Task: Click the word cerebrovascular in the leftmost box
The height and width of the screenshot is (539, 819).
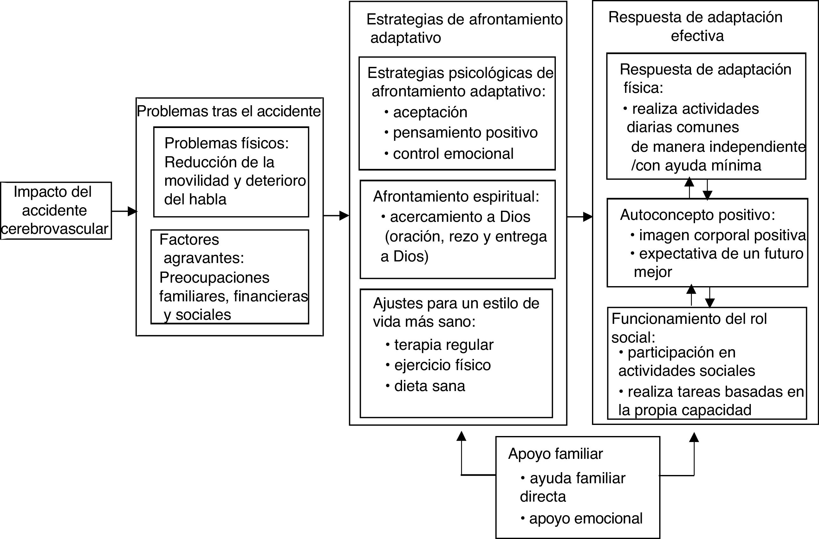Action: pos(55,229)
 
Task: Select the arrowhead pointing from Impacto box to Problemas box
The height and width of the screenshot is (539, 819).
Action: pos(132,211)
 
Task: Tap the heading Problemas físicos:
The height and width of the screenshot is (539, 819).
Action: pos(226,143)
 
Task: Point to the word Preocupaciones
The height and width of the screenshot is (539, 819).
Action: pos(214,278)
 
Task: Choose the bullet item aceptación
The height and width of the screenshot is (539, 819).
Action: pos(430,112)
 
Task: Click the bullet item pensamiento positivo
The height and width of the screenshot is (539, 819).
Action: pos(465,132)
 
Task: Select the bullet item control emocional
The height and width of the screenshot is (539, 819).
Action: pos(453,154)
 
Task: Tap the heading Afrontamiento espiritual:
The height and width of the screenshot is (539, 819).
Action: pos(456,196)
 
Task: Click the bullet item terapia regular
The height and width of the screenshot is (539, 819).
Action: pos(444,345)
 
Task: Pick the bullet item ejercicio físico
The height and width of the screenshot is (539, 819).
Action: pos(442,365)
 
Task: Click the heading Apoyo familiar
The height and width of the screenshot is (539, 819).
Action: pos(556,454)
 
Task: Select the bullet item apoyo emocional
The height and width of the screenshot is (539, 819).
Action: pos(585,518)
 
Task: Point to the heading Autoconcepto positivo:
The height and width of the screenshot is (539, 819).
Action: pos(698,215)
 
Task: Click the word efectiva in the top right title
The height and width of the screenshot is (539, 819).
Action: pos(697,36)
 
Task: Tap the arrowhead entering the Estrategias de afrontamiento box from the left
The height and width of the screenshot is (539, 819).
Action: pos(344,216)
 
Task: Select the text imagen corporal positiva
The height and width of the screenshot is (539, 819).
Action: pos(722,235)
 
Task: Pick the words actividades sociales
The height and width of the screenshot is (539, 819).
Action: pos(686,371)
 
